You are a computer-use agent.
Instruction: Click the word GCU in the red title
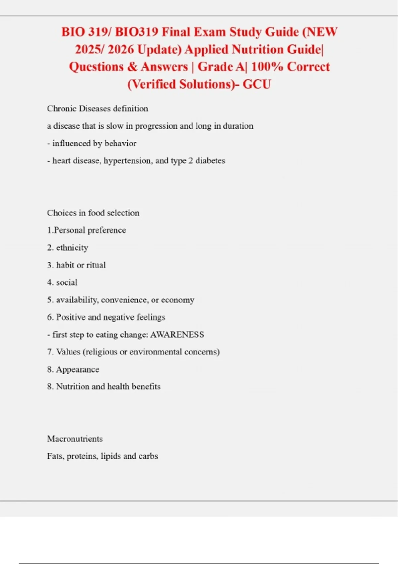pyautogui.click(x=257, y=84)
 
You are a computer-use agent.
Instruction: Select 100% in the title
pyautogui.click(x=267, y=67)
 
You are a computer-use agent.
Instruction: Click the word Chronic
pyautogui.click(x=62, y=108)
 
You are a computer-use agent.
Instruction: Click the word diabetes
pyautogui.click(x=210, y=161)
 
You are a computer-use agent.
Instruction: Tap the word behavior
pyautogui.click(x=120, y=143)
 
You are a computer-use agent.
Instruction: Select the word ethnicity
pyautogui.click(x=72, y=248)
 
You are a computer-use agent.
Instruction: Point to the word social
pyautogui.click(x=67, y=282)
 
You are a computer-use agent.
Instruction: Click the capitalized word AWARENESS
pyautogui.click(x=177, y=334)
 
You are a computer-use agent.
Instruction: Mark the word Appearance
pyautogui.click(x=78, y=369)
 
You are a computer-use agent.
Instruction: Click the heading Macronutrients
pyautogui.click(x=75, y=439)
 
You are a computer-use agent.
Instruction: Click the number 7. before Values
pyautogui.click(x=50, y=352)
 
